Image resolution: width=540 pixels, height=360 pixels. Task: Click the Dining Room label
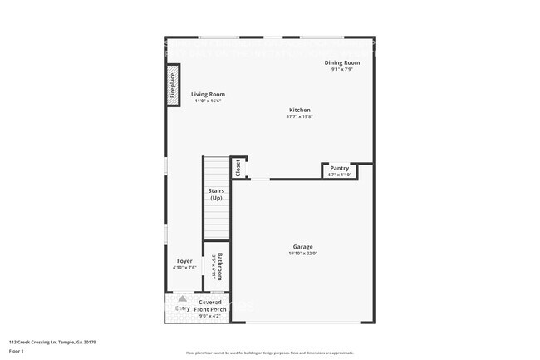tap(341, 62)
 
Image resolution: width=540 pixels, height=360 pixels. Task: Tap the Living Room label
tap(208, 95)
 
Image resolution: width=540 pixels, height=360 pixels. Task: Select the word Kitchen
tap(300, 111)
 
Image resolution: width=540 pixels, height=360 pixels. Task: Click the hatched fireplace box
tap(174, 86)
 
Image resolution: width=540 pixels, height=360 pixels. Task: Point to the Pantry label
tap(340, 168)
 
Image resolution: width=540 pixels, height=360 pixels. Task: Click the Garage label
tap(302, 247)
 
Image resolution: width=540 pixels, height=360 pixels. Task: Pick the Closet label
tap(238, 168)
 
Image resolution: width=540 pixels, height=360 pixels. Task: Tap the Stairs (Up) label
tap(216, 195)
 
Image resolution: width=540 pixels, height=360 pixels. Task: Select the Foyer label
tap(184, 261)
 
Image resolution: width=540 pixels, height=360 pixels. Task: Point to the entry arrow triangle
tap(183, 298)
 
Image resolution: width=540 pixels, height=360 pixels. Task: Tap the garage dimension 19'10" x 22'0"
tap(302, 254)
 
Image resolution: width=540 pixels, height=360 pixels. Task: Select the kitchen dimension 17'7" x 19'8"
tap(300, 117)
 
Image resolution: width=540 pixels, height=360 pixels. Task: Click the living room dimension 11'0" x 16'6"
tap(208, 101)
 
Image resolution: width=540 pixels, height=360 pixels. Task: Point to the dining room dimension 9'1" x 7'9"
tap(341, 69)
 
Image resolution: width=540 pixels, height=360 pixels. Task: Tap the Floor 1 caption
tap(17, 351)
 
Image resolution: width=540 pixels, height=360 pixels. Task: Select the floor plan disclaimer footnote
tap(269, 353)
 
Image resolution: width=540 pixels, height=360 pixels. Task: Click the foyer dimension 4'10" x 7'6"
tap(184, 268)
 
